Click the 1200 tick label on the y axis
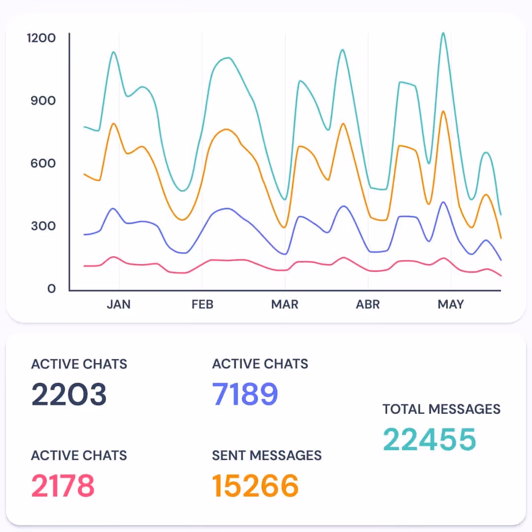coord(41,37)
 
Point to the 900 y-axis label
coord(43,100)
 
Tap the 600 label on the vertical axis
coord(43,163)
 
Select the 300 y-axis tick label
coord(43,226)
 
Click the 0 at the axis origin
coord(52,289)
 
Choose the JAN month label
coord(119,304)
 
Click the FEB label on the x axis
coord(202,304)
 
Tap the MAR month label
coord(285,304)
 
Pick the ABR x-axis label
coord(368,304)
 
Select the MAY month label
coord(451,304)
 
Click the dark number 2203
coord(69,394)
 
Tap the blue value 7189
coord(245,394)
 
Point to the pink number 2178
coord(63,486)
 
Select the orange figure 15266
coord(255,486)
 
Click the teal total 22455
coord(430,439)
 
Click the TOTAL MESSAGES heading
coord(441,409)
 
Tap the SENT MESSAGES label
coord(266,455)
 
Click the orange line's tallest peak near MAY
coord(443,111)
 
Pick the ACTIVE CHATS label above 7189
coord(260,364)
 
